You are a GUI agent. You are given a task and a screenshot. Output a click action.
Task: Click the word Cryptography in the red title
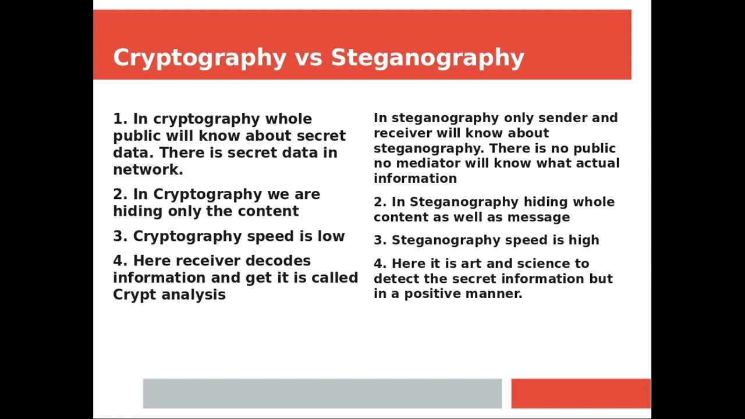pyautogui.click(x=200, y=58)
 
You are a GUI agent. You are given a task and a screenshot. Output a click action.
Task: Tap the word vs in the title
pyautogui.click(x=308, y=58)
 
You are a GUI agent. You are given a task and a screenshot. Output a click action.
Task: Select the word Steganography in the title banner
pyautogui.click(x=428, y=58)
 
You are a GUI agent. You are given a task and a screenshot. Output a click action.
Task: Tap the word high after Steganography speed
pyautogui.click(x=583, y=240)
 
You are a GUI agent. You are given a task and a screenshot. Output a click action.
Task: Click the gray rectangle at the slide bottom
pyautogui.click(x=322, y=393)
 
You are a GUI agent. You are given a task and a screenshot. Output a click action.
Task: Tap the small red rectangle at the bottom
pyautogui.click(x=580, y=393)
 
